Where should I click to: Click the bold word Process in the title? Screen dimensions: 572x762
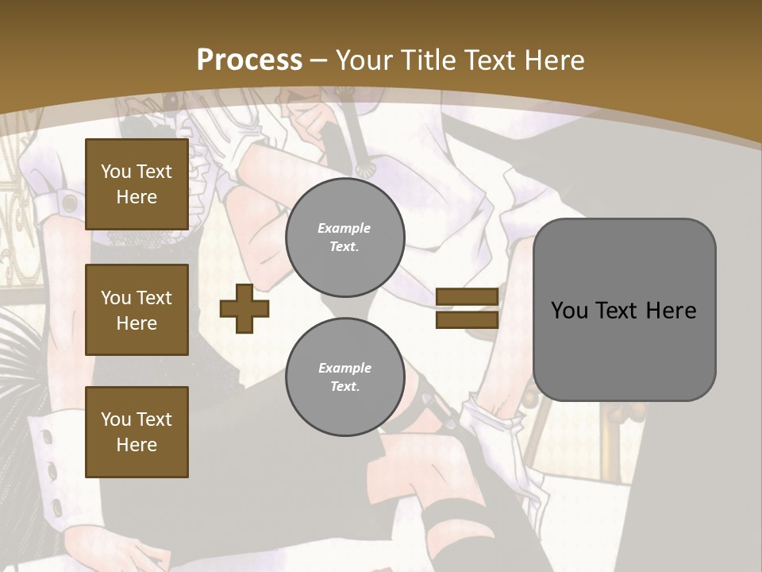point(249,60)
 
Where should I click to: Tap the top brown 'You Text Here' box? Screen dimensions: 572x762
point(137,184)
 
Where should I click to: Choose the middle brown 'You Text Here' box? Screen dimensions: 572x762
point(137,310)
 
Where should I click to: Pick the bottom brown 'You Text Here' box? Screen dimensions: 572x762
point(137,432)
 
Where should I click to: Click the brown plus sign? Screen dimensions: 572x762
point(244,308)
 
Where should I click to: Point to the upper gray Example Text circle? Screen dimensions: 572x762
point(344,237)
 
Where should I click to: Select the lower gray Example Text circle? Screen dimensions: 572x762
point(344,377)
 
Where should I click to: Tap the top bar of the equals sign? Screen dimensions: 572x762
point(467,296)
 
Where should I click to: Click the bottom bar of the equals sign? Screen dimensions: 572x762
point(467,319)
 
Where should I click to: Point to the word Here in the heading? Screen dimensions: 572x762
point(549,60)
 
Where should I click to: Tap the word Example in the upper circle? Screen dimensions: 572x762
point(344,228)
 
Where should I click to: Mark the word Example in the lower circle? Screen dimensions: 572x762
point(344,368)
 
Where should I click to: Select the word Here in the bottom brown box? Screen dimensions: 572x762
point(137,445)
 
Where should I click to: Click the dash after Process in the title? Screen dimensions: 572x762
point(319,60)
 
